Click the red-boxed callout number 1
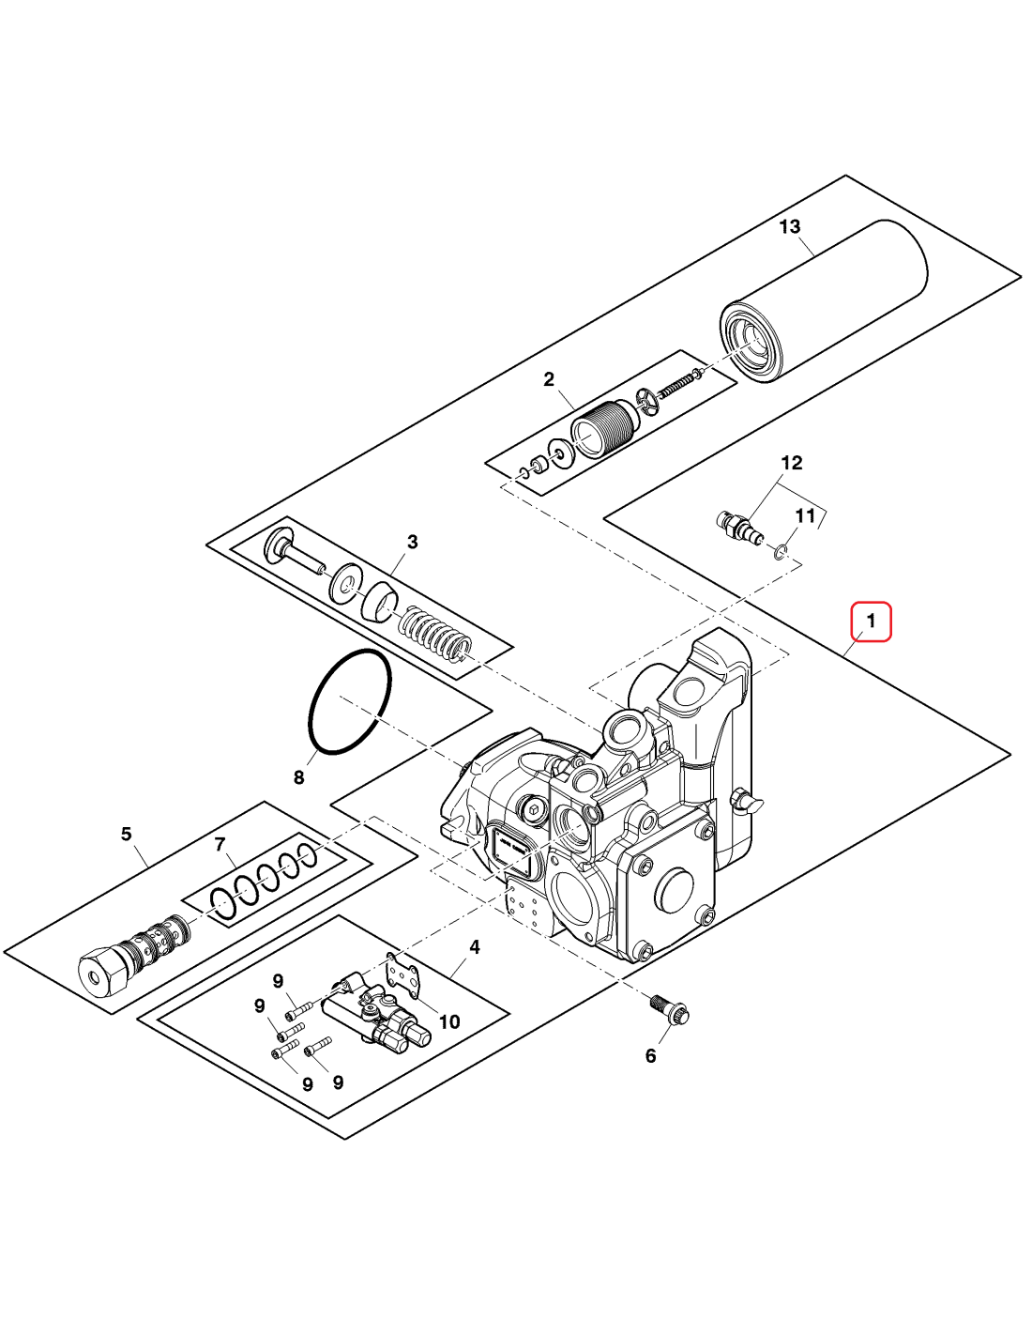(x=871, y=621)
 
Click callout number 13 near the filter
(x=790, y=226)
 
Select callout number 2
(x=549, y=379)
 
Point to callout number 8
(x=299, y=777)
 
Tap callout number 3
(x=412, y=542)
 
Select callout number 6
(x=651, y=1056)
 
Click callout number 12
(x=792, y=463)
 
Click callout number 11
(x=805, y=515)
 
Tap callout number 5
(x=127, y=834)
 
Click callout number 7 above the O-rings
(x=220, y=844)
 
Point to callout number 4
(x=475, y=946)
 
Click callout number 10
(x=449, y=1021)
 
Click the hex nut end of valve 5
(x=100, y=973)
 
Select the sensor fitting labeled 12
(x=736, y=526)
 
